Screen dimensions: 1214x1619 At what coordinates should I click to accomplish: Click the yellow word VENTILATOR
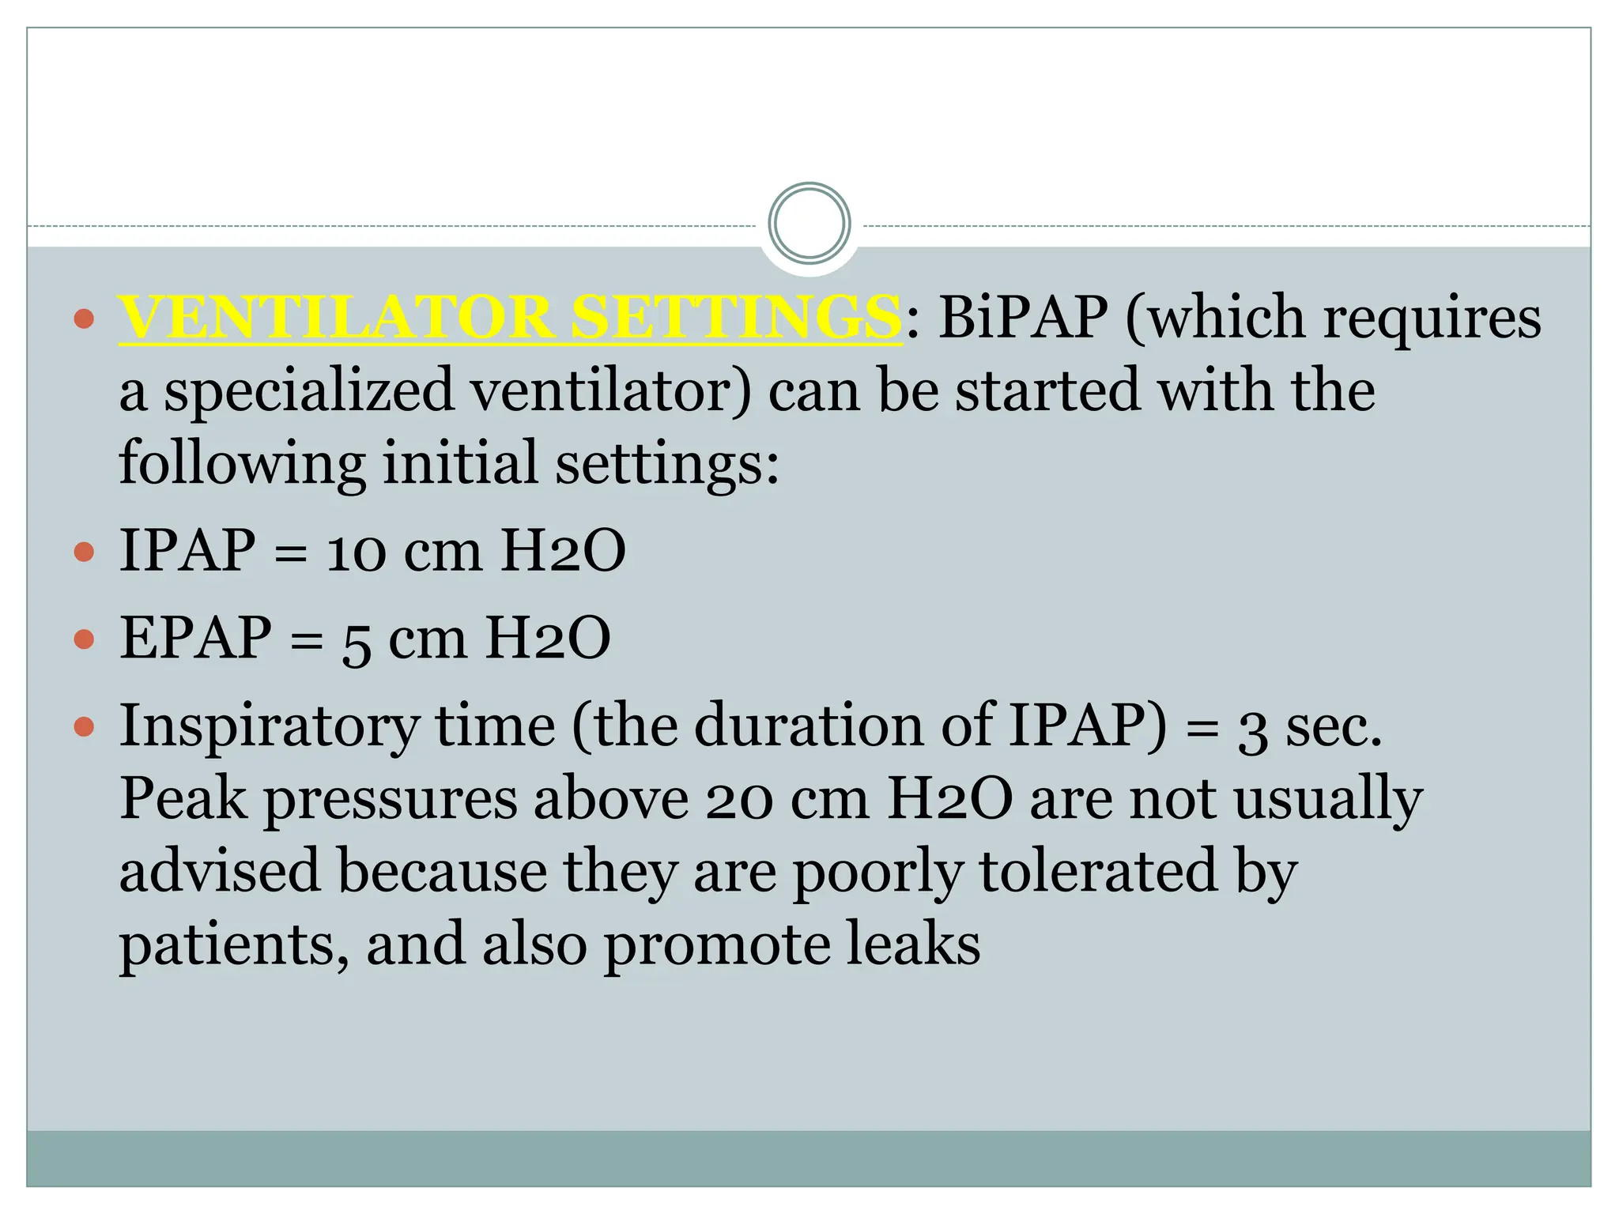pyautogui.click(x=335, y=318)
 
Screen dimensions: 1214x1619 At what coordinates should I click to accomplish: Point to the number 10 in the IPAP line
pyautogui.click(x=356, y=552)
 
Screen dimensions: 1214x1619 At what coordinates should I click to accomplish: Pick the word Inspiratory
pyautogui.click(x=269, y=728)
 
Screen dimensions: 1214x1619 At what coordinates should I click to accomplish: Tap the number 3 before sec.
pyautogui.click(x=1252, y=730)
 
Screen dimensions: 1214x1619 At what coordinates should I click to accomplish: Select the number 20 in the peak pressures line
pyautogui.click(x=738, y=801)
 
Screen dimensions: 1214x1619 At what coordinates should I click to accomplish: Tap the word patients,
pyautogui.click(x=234, y=947)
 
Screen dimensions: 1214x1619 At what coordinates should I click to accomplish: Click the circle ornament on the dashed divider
pyautogui.click(x=809, y=224)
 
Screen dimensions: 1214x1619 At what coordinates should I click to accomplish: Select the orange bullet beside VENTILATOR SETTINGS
pyautogui.click(x=84, y=319)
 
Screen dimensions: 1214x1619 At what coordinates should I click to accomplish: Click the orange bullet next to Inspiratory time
pyautogui.click(x=84, y=726)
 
